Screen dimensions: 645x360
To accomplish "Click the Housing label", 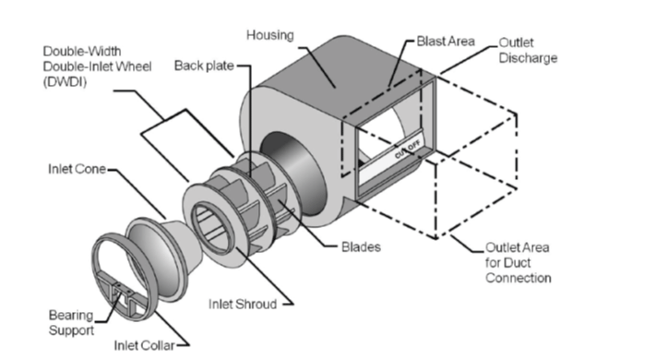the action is click(269, 35).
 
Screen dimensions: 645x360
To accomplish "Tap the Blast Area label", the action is click(446, 42).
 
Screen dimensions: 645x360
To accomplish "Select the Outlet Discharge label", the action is click(528, 50).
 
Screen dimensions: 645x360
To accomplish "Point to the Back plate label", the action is click(204, 66).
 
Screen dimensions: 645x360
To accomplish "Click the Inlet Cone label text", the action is click(77, 169).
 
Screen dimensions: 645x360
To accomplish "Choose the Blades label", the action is click(361, 246).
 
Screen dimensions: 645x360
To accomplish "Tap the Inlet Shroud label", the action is click(243, 304).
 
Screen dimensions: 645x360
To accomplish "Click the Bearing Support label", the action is click(71, 322).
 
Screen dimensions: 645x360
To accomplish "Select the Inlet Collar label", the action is click(144, 345).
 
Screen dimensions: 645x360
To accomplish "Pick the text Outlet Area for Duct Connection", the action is click(518, 262).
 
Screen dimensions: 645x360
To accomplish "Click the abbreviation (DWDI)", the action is click(65, 82).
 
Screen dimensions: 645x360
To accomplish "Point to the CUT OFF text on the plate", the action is click(408, 150).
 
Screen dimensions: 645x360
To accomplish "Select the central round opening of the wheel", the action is click(213, 227).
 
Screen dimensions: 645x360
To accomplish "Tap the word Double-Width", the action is click(82, 52).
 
